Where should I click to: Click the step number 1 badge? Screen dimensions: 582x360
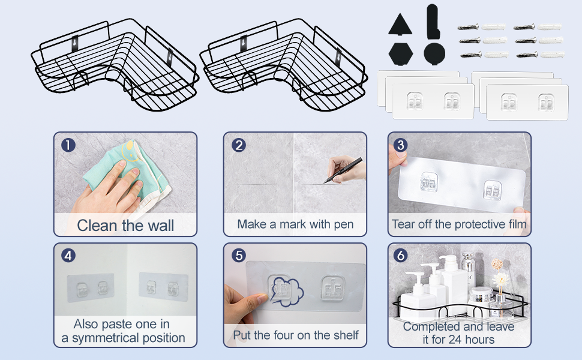[68, 145]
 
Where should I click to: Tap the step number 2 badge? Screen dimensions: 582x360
[239, 145]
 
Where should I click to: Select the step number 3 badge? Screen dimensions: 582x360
[400, 145]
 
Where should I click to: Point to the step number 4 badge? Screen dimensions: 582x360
[68, 256]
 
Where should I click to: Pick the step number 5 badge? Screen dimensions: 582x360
[239, 256]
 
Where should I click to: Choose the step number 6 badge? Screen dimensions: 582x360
[400, 256]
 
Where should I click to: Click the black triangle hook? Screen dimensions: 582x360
[400, 25]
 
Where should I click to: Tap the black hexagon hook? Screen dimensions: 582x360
[400, 54]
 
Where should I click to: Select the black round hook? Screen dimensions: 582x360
[434, 53]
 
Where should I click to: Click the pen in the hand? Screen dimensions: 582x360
[343, 170]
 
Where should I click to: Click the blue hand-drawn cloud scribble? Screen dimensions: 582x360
[287, 292]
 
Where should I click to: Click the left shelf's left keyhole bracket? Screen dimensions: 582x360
[76, 43]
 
